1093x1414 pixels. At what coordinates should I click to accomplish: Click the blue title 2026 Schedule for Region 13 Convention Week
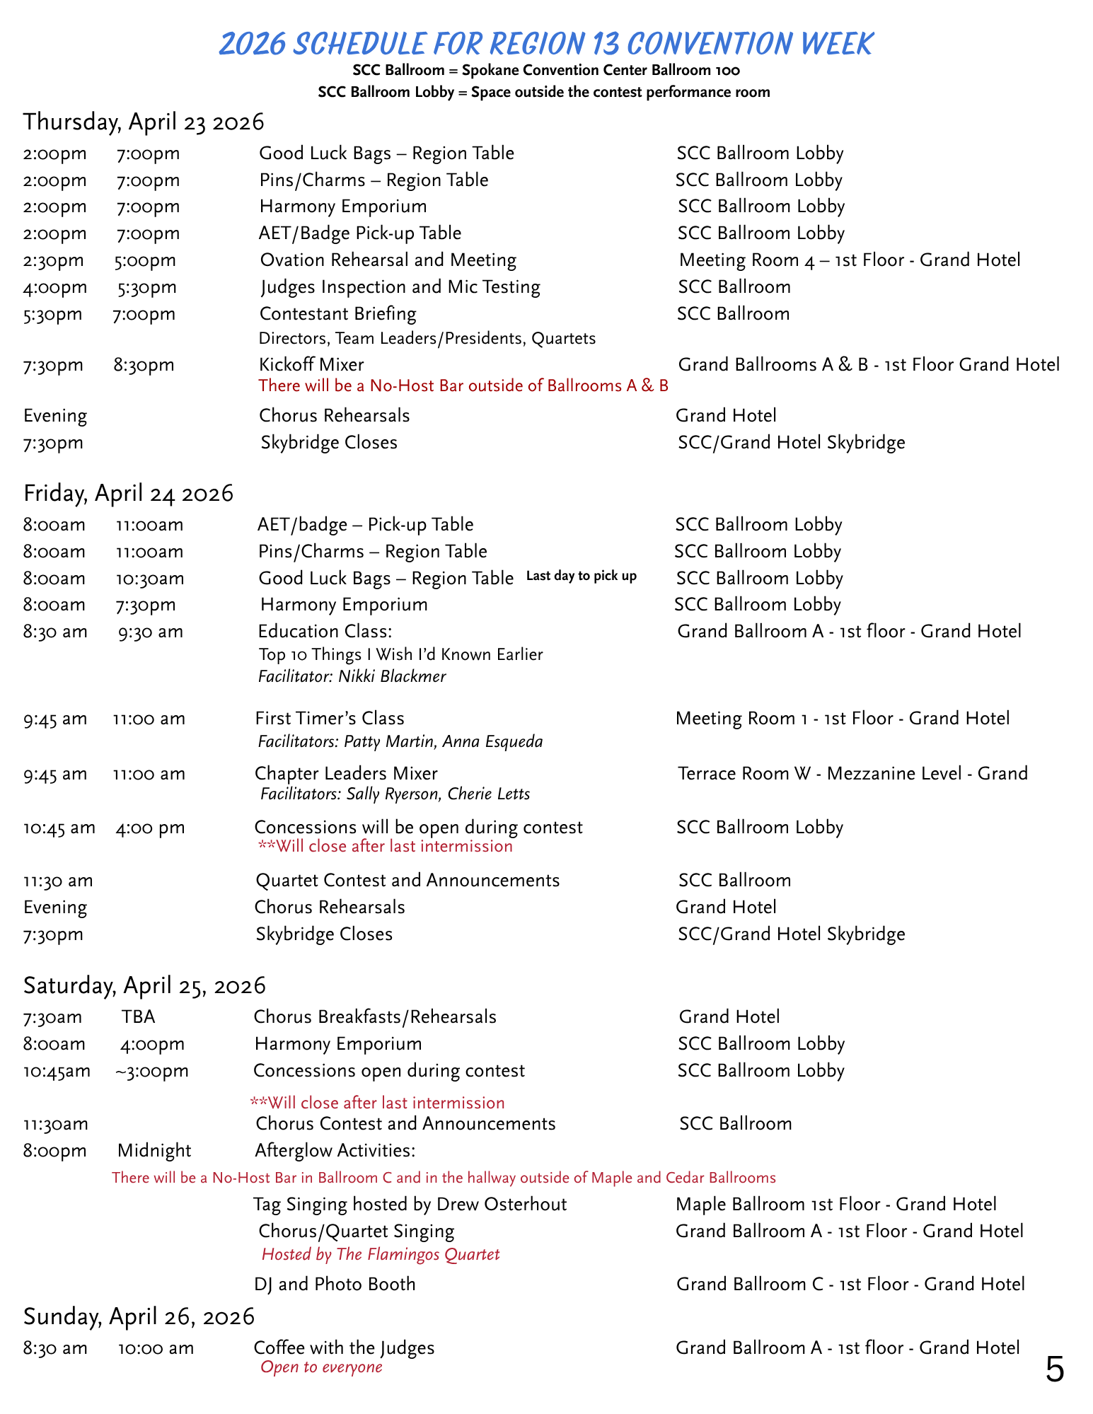(x=545, y=44)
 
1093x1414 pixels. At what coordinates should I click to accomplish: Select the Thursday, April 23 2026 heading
(x=144, y=122)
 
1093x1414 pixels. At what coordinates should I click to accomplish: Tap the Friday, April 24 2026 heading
(x=128, y=493)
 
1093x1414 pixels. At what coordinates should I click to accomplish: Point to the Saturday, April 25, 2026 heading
(x=144, y=985)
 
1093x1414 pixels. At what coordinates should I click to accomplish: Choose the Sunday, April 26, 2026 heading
(x=139, y=1316)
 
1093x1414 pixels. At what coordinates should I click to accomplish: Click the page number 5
(x=1054, y=1370)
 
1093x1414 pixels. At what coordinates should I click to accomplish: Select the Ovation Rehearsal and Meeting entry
(x=388, y=260)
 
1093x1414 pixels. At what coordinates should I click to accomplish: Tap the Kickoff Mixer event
(x=311, y=365)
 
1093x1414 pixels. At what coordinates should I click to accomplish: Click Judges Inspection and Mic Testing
(x=400, y=287)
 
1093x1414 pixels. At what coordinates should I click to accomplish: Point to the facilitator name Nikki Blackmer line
(x=352, y=677)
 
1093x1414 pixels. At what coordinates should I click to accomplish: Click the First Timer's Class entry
(x=330, y=719)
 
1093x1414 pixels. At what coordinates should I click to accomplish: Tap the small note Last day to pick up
(x=581, y=576)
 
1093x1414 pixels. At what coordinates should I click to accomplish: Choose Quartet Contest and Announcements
(x=407, y=881)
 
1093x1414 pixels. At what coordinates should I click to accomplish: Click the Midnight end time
(x=154, y=1151)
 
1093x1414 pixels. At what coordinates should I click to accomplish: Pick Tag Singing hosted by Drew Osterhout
(x=410, y=1205)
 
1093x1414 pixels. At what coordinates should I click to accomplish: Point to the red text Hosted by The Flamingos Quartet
(x=381, y=1255)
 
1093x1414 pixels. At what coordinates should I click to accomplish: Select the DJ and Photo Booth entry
(x=335, y=1285)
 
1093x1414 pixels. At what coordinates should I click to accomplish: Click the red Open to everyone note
(x=321, y=1367)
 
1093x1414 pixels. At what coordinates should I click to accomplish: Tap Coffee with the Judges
(x=344, y=1348)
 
